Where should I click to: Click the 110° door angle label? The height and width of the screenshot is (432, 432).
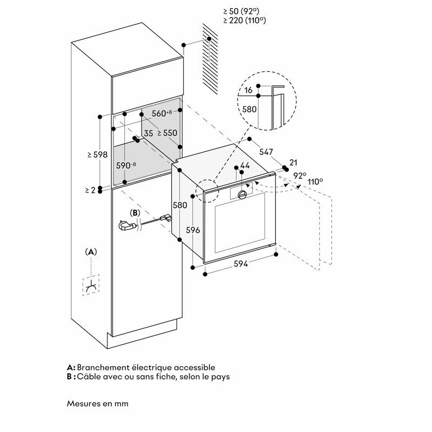(315, 182)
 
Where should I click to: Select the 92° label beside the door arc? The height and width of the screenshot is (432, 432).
(300, 175)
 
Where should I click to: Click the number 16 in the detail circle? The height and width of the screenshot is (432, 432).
(248, 90)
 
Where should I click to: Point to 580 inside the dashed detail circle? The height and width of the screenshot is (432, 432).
(249, 110)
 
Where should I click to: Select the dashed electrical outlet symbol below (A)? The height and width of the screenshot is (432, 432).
(92, 287)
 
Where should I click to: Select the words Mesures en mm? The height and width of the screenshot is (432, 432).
(98, 403)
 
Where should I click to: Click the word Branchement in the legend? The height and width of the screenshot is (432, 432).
(104, 367)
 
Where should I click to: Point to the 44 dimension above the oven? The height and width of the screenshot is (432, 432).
(245, 166)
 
